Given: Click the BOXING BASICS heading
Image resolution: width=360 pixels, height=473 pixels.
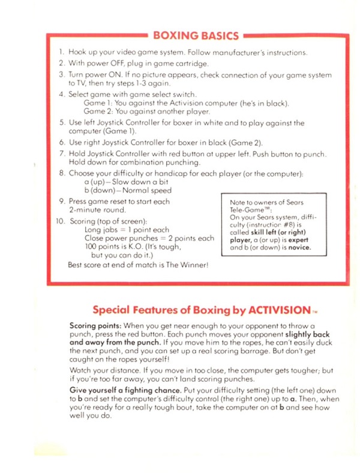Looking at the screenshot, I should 196,35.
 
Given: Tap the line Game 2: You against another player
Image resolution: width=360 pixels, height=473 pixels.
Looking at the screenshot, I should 147,112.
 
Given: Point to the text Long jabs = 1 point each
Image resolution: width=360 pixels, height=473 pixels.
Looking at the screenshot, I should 127,229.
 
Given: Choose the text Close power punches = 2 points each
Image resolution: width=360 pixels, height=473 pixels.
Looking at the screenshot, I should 149,237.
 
